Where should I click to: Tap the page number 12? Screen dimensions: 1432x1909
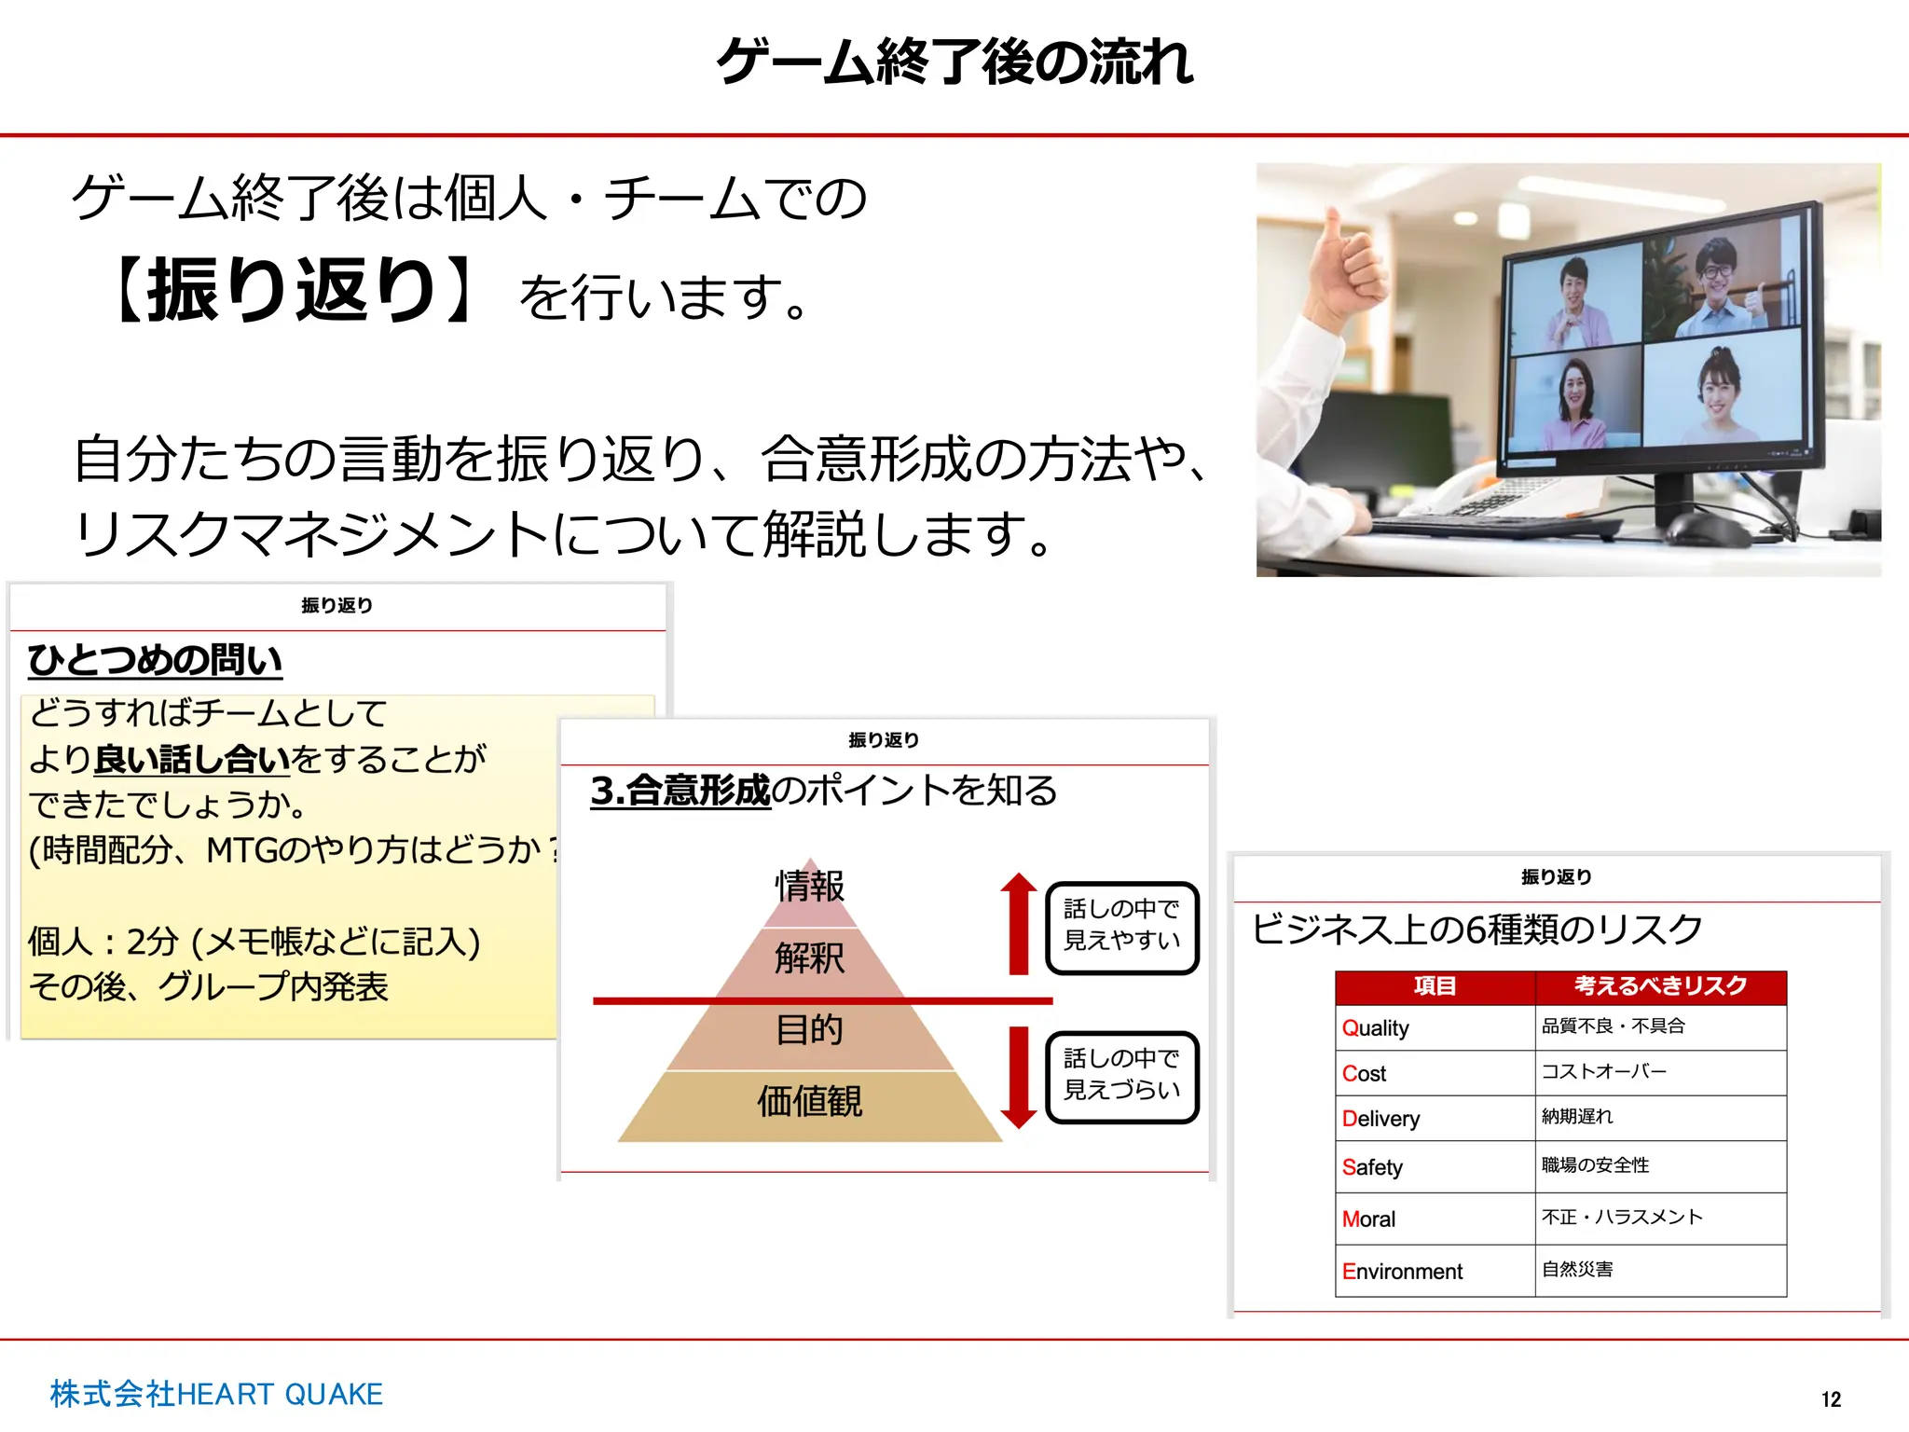click(1831, 1399)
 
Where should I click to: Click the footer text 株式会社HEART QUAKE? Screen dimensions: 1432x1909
click(216, 1394)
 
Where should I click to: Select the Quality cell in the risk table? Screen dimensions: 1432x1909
click(1376, 1028)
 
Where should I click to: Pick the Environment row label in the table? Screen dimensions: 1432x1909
click(1402, 1272)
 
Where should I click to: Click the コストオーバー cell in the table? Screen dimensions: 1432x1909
click(1604, 1072)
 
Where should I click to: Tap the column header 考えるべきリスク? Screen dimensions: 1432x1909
click(1660, 986)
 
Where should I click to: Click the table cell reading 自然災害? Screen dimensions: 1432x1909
click(1577, 1270)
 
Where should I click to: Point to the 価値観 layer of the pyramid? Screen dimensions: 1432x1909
click(809, 1102)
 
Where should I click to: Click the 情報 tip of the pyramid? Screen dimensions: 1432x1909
click(809, 886)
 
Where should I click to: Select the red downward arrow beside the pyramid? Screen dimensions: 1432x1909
click(1019, 1077)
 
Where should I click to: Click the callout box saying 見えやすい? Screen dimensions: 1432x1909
click(1122, 926)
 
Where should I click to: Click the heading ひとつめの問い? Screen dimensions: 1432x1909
click(155, 660)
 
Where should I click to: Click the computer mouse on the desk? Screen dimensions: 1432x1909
click(1707, 528)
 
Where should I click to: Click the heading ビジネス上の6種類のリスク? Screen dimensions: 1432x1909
click(1476, 929)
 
